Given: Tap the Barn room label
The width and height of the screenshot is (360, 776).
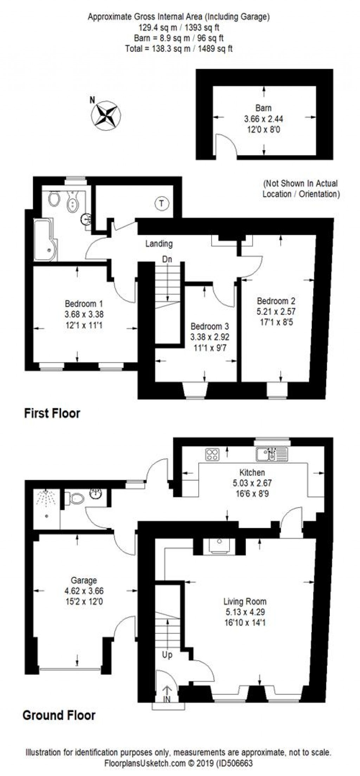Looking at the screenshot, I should coord(263,108).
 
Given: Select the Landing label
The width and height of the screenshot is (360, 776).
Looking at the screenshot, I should coord(159,243).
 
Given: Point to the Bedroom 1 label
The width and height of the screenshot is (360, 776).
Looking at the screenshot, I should coord(84,303).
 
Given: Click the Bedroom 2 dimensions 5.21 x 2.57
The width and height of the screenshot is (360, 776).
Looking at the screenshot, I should coord(276,311).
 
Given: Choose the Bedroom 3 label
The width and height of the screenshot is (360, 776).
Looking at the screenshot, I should coord(210,326).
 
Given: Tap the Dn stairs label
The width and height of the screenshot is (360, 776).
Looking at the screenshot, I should coord(167,259).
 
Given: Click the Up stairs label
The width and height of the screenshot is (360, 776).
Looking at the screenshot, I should coord(167,655).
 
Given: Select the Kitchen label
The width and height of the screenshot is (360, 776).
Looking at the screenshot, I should coord(252,473).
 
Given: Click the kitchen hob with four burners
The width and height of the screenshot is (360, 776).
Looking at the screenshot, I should coord(212,454).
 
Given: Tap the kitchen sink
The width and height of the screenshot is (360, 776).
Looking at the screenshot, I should coord(272,454).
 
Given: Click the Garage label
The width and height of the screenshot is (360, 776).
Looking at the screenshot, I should coord(84,581).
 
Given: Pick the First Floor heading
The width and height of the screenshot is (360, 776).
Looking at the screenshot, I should coord(52,413).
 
